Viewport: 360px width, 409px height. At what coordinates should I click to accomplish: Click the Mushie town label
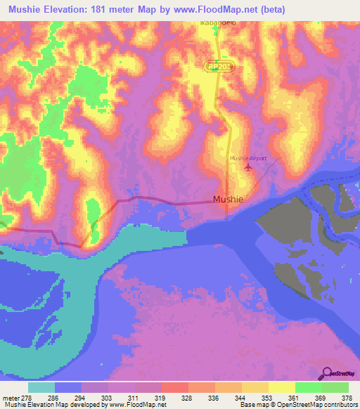tap(229, 199)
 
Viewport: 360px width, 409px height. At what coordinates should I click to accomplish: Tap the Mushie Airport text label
tap(248, 158)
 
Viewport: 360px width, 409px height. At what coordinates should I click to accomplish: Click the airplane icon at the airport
tap(247, 167)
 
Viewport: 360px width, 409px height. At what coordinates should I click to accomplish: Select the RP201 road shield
tap(219, 65)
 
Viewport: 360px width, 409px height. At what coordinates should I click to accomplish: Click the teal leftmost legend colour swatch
tap(41, 387)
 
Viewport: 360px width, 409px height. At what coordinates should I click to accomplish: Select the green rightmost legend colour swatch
tap(335, 387)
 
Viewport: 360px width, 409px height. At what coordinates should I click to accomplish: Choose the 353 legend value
tap(267, 397)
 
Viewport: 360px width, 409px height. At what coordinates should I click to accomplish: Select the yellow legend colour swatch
tap(281, 387)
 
